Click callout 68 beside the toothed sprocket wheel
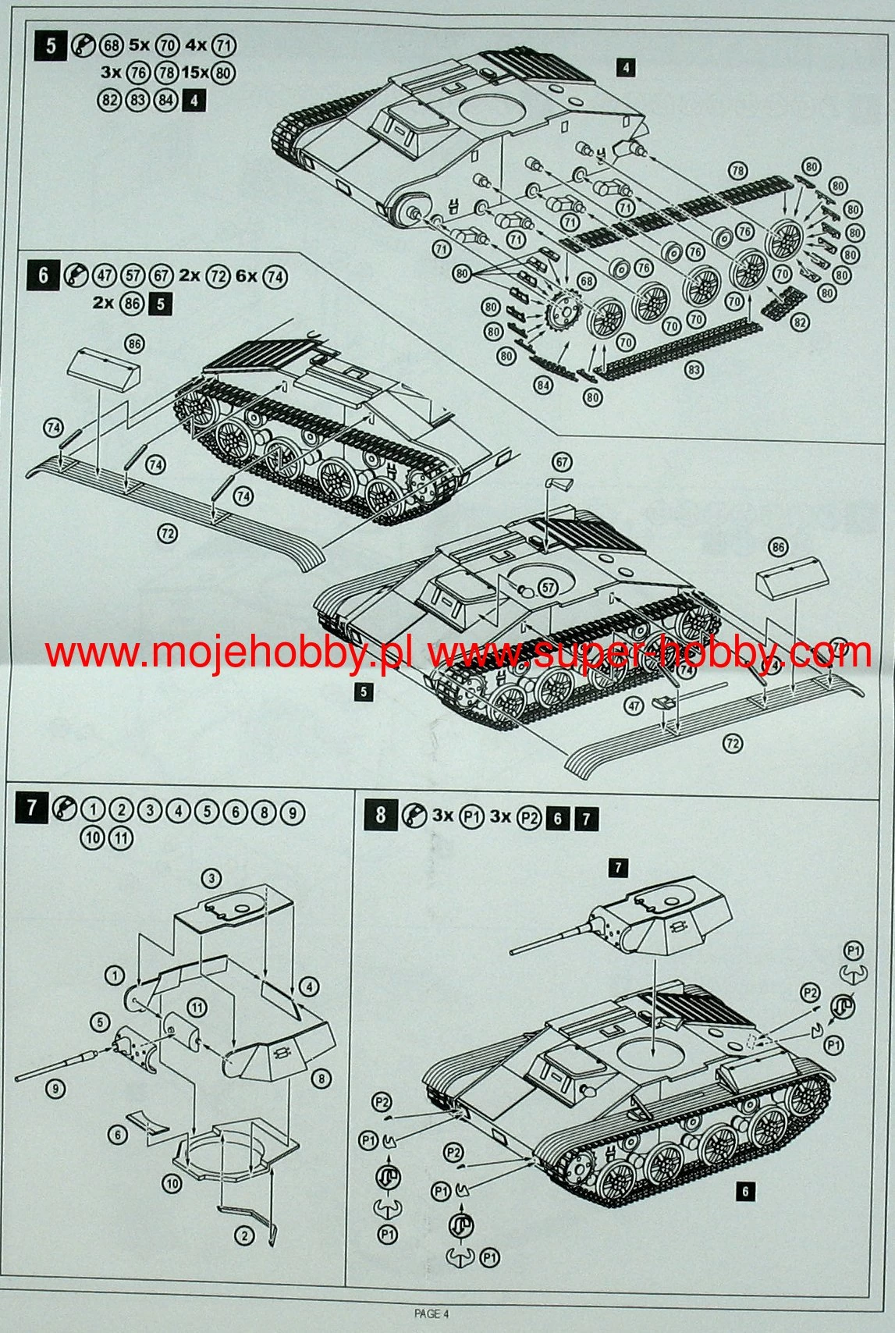(585, 281)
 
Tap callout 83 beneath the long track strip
(694, 370)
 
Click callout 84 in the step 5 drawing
(543, 385)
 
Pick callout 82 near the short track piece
(799, 322)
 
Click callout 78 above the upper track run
(737, 171)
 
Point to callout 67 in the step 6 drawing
(562, 461)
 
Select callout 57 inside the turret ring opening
(548, 588)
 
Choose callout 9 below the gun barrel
(55, 1089)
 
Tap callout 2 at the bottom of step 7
(244, 1235)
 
